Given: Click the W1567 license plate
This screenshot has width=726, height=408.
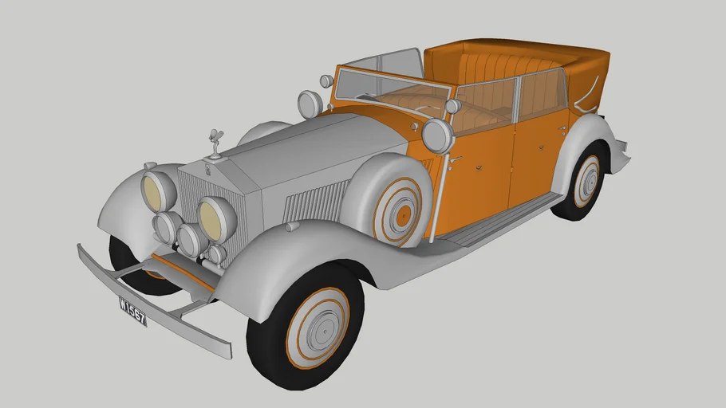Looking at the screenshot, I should point(132,311).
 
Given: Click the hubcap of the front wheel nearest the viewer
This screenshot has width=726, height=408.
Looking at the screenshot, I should point(318,327).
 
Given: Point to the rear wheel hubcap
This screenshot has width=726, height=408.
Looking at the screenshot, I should point(588,180).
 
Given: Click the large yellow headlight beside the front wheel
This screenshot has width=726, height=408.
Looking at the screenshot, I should point(215,218).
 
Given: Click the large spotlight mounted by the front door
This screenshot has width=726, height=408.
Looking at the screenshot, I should point(438,135).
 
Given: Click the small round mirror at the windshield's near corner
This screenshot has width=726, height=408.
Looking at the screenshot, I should point(452,106).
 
